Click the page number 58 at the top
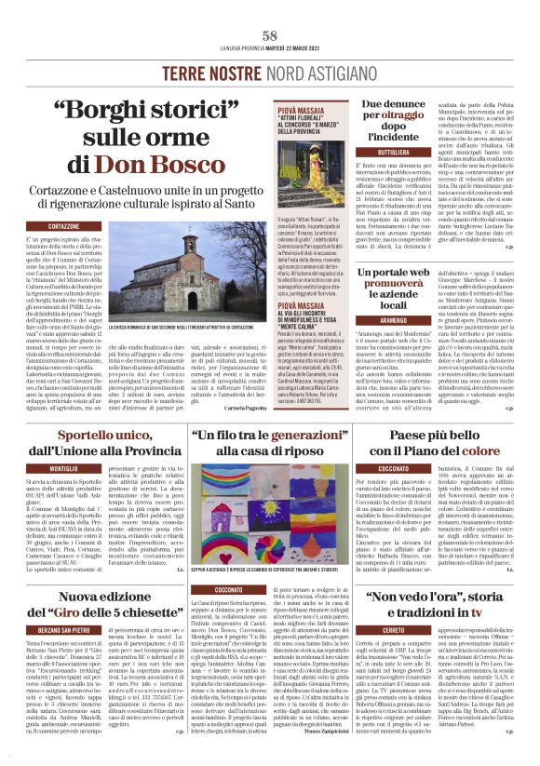[270, 35]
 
